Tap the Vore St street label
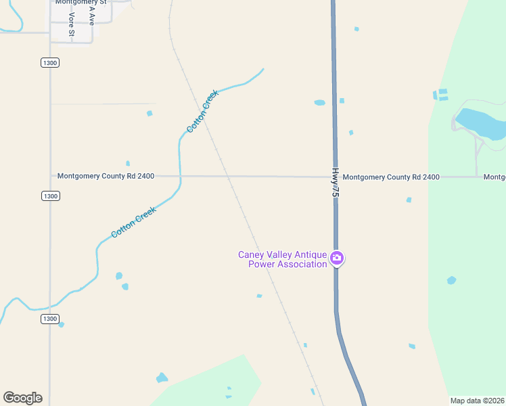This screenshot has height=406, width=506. click(x=71, y=24)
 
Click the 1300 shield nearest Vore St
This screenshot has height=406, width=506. click(x=50, y=62)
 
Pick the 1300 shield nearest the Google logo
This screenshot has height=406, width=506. click(x=50, y=319)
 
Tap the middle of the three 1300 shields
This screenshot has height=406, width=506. click(x=50, y=196)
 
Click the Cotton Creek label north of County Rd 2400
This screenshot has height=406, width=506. click(x=202, y=111)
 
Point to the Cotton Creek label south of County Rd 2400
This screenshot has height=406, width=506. click(x=134, y=222)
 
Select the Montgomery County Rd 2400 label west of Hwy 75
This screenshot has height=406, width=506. click(x=106, y=176)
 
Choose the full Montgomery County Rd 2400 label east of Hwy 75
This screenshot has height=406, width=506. click(x=391, y=177)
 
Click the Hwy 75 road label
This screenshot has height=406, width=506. click(x=334, y=183)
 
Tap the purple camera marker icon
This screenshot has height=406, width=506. click(x=336, y=258)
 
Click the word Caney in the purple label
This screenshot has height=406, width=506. click(x=252, y=255)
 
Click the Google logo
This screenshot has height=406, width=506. click(x=22, y=398)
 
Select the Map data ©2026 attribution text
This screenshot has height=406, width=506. click(x=477, y=401)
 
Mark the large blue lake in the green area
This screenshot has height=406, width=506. click(x=480, y=122)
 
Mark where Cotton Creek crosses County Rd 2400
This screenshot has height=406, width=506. click(x=180, y=177)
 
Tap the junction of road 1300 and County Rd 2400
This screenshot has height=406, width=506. click(x=50, y=176)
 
